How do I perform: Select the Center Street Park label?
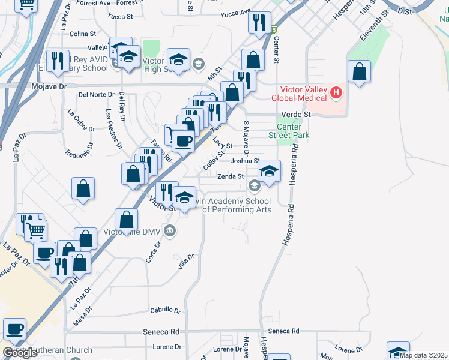293,131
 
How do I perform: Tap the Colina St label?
83,34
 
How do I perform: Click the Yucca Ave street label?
235,13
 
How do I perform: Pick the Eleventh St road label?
373,31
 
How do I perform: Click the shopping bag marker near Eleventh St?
359,73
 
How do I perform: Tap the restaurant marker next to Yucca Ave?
259,23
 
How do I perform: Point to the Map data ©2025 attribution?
423,355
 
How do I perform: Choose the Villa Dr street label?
186,262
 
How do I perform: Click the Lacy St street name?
223,146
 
